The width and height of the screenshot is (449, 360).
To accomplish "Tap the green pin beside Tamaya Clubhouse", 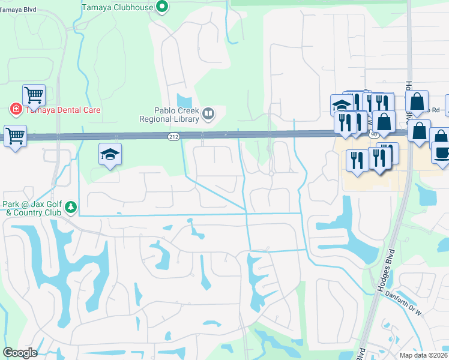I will tap(161, 7).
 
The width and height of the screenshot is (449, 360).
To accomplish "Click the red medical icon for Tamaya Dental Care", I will tap(14, 110).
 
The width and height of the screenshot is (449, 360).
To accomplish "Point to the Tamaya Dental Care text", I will tap(62, 110).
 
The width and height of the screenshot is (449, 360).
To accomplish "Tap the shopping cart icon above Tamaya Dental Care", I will tap(34, 94).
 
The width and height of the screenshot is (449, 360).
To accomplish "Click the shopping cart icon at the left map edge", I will tap(15, 135).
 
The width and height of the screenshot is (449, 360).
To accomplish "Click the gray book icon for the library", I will tap(208, 113).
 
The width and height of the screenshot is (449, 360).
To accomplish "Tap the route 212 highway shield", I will tap(173, 137).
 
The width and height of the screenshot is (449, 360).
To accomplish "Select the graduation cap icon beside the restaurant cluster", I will tap(341, 105).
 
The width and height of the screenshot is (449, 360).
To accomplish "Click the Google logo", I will tap(20, 353).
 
